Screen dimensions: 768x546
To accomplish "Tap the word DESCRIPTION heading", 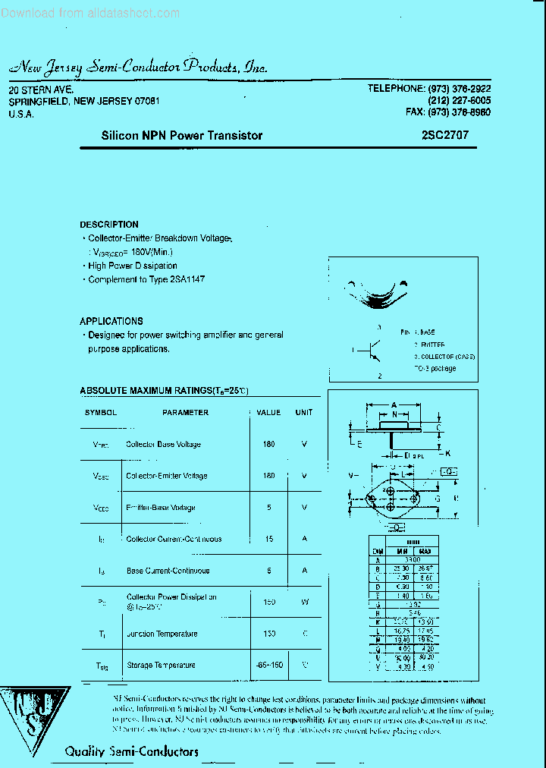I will (109, 225).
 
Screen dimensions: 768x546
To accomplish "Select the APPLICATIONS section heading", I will (111, 321).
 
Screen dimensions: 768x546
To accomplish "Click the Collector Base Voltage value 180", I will (268, 445).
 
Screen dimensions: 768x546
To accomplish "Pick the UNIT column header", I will (304, 413).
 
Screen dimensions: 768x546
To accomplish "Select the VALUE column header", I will (268, 413).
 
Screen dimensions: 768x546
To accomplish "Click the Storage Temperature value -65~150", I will (269, 665).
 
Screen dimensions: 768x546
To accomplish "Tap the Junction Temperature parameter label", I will (162, 634).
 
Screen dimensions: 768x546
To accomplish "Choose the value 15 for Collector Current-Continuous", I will (268, 539).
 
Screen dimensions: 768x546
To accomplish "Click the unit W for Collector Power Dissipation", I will (304, 602).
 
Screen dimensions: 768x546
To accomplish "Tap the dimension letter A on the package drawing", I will (394, 405).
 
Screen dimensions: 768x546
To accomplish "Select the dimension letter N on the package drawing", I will (394, 414).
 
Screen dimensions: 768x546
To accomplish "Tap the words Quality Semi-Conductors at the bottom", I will (131, 751).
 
